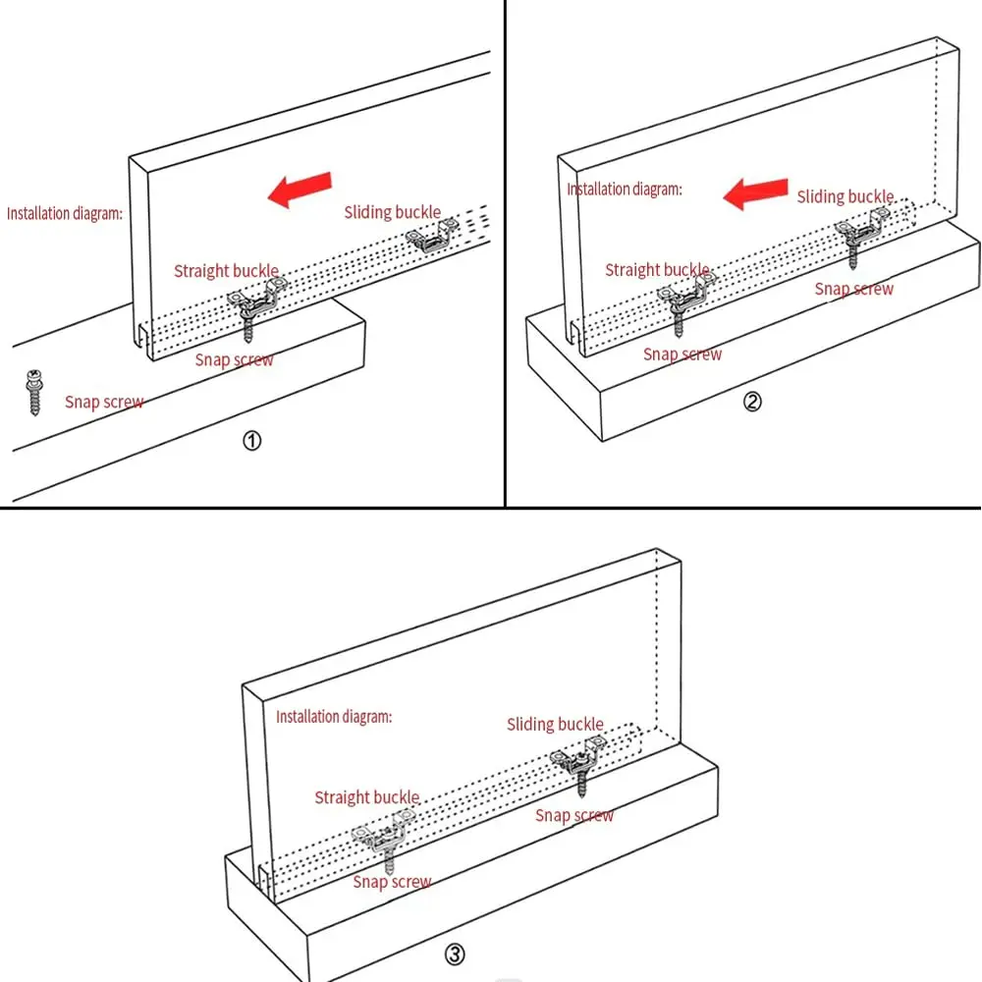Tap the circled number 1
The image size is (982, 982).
(251, 442)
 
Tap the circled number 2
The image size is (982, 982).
(752, 401)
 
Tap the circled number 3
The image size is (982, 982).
(454, 953)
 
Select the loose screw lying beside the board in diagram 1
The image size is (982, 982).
(33, 392)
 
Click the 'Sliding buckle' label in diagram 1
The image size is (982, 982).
(392, 212)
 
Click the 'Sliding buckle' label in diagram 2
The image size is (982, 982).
(845, 196)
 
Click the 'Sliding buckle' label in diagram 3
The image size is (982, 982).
(555, 725)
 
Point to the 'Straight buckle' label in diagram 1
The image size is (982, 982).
(226, 270)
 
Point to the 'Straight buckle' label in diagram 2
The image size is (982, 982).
(657, 269)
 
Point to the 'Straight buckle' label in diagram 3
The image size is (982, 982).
(366, 797)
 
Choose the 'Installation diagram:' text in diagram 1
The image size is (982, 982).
(65, 212)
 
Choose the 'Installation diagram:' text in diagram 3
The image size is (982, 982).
(334, 717)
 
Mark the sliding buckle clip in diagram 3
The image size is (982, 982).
(577, 756)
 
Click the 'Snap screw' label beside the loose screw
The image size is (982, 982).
(104, 402)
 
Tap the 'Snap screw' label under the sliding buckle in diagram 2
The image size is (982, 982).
(854, 289)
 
